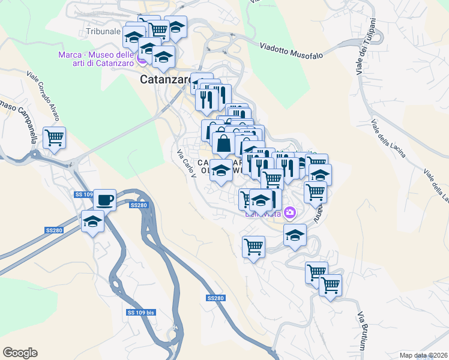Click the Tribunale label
point(103,31)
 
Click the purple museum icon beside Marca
point(142,59)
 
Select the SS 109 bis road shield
point(141,313)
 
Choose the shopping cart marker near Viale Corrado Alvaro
point(54,137)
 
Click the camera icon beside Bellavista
point(290,212)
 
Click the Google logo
point(19,353)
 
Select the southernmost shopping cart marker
point(330,286)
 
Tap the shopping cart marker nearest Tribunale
point(158,28)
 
